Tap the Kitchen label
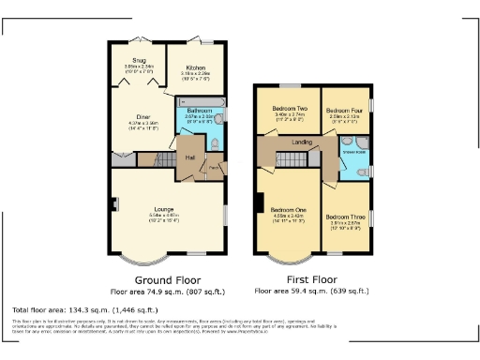(195, 68)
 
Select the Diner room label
(130, 116)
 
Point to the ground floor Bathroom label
(199, 111)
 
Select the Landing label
(303, 142)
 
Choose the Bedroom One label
(288, 209)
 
